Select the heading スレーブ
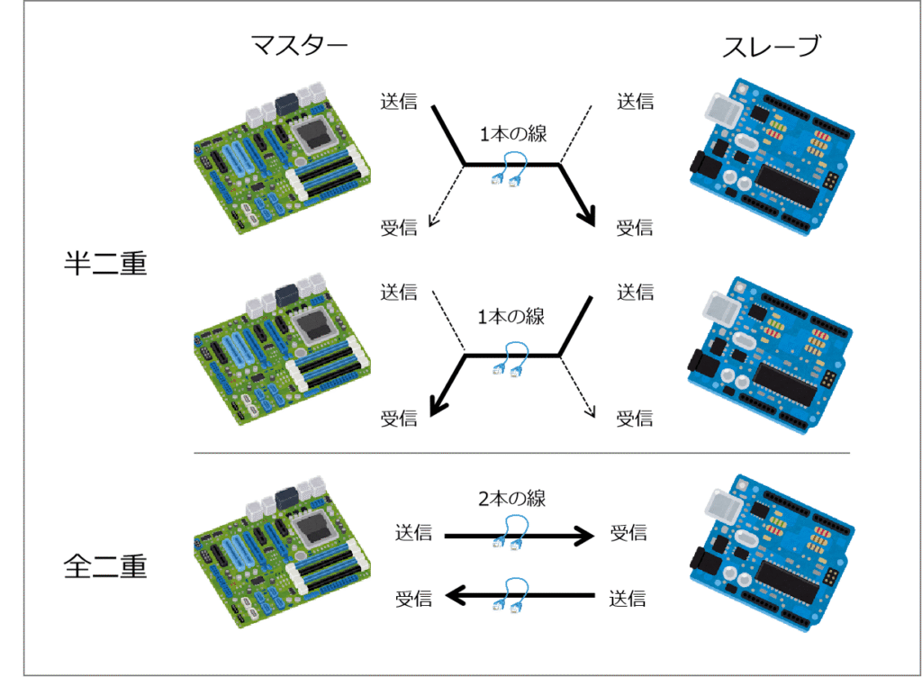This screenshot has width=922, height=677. (773, 48)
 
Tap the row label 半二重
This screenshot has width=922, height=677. (105, 264)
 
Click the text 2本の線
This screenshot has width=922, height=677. (512, 498)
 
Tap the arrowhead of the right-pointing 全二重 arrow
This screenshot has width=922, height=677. (586, 536)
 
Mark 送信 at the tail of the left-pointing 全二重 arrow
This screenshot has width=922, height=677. (628, 596)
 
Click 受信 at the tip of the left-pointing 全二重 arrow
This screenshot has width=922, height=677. (413, 597)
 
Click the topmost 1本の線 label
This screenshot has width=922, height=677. (513, 133)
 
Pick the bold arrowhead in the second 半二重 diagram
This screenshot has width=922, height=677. (437, 408)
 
